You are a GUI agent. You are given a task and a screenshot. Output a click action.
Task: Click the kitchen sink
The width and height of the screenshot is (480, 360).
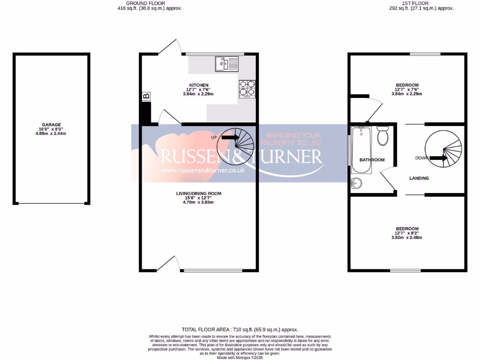click(226, 63)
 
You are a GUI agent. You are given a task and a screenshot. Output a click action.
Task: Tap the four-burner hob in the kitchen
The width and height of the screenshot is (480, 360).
click(248, 88)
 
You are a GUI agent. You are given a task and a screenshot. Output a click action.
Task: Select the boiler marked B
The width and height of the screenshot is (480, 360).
click(146, 97)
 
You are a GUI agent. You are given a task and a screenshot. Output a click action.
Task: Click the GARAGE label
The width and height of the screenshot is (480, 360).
click(52, 125)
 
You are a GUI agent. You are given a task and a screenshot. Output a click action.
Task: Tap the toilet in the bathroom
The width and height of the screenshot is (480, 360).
click(382, 135)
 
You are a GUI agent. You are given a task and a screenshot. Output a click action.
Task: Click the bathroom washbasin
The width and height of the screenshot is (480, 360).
click(356, 183)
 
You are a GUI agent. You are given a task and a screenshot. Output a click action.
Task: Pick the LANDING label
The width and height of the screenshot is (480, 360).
click(419, 178)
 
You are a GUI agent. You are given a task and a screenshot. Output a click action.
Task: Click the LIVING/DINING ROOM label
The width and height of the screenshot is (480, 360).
click(199, 193)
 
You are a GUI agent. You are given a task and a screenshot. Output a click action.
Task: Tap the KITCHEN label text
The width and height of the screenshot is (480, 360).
click(199, 85)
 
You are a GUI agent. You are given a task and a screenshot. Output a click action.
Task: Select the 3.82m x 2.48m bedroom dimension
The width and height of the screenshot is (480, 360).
click(406, 238)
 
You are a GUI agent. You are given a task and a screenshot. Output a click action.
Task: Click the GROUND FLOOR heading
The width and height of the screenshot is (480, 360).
click(150, 3)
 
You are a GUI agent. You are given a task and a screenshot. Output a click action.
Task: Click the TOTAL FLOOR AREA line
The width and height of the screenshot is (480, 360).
click(240, 330)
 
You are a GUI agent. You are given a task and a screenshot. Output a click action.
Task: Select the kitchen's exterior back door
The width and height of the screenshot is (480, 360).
click(170, 46)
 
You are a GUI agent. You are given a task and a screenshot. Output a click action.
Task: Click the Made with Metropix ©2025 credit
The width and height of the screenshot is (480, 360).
click(240, 357)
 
